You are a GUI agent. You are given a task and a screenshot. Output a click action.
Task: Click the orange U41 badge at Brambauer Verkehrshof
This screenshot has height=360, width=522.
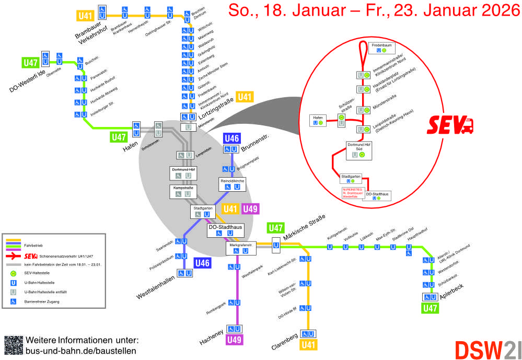point(85,16)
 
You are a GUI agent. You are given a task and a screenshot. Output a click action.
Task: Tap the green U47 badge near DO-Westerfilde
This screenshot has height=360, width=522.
point(30,63)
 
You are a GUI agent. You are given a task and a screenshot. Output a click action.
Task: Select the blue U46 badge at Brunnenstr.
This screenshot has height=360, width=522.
point(231,138)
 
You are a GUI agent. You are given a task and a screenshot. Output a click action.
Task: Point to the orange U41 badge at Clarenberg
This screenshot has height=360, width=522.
point(309,344)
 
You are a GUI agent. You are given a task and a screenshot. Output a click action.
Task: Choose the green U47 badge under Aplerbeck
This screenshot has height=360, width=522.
point(431,308)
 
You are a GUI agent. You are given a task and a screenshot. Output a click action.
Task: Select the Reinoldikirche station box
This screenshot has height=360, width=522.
point(231,183)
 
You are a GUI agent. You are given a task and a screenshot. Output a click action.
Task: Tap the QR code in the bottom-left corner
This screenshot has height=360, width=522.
point(14,345)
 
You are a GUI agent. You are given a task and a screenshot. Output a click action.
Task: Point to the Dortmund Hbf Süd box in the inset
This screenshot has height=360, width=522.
point(359,150)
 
